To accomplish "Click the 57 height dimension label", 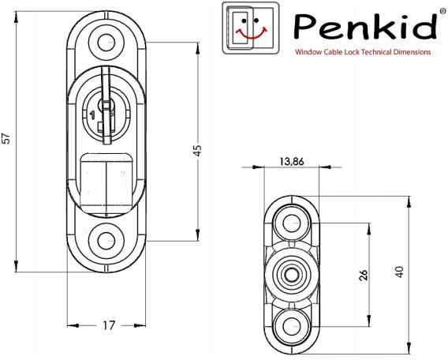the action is pyautogui.click(x=7, y=138).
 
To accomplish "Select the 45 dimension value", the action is pyautogui.click(x=197, y=151).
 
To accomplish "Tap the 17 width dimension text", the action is pyautogui.click(x=109, y=325).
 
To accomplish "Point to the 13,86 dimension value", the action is pyautogui.click(x=291, y=162).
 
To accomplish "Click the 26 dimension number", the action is pyautogui.click(x=364, y=275).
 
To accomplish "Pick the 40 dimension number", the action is pyautogui.click(x=399, y=272).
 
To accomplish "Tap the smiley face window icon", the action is pyautogui.click(x=250, y=28).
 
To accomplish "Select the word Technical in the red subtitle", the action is pyautogui.click(x=376, y=52).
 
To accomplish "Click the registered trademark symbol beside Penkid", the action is pyautogui.click(x=442, y=10).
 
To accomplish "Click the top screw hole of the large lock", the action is pyautogui.click(x=106, y=43).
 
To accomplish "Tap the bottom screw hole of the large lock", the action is pyautogui.click(x=106, y=241).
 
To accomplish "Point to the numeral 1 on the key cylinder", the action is pyautogui.click(x=92, y=115).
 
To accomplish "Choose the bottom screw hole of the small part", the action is pyautogui.click(x=292, y=326).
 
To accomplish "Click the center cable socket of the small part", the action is pyautogui.click(x=291, y=275).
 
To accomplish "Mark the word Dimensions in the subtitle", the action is pyautogui.click(x=412, y=52).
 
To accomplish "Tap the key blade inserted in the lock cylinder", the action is pyautogui.click(x=106, y=105).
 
